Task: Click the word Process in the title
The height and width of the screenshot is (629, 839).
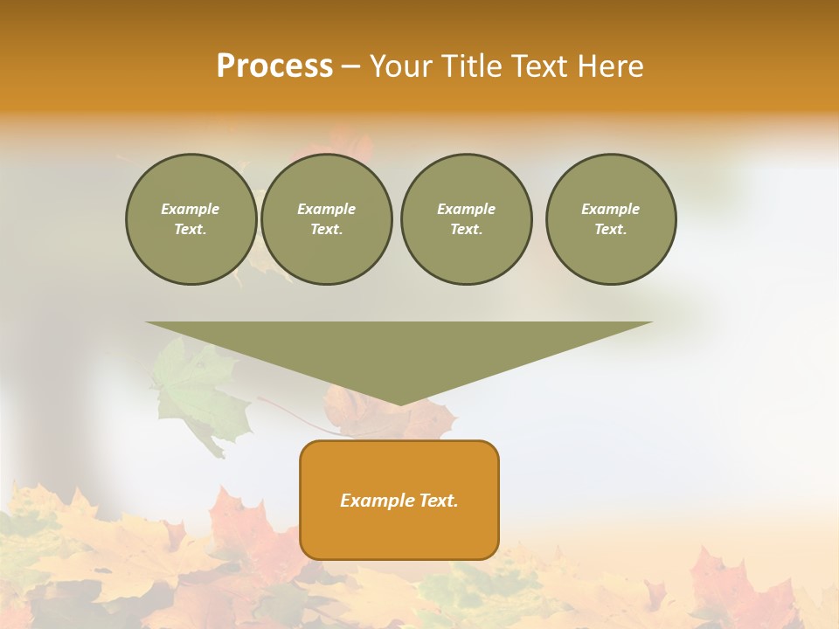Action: (x=274, y=66)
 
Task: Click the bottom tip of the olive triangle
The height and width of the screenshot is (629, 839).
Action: (x=399, y=404)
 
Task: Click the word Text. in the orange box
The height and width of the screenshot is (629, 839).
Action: (x=438, y=501)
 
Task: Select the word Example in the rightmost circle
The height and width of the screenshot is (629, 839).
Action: (x=610, y=209)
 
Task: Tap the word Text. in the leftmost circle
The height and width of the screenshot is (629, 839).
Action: (x=191, y=230)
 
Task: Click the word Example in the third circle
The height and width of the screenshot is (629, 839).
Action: (x=466, y=209)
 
